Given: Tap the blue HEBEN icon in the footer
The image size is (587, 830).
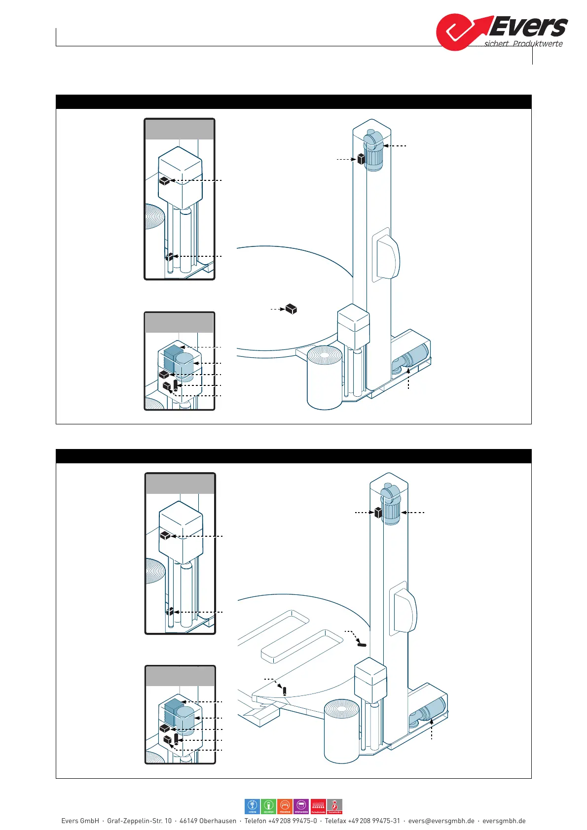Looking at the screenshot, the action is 253,806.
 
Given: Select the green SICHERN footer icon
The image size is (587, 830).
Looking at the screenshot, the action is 269,806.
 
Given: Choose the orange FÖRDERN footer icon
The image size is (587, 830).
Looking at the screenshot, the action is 285,806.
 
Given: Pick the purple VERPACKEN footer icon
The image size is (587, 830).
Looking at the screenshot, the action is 301,806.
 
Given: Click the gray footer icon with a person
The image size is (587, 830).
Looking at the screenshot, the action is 335,806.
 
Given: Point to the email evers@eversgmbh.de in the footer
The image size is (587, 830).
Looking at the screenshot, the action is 441,821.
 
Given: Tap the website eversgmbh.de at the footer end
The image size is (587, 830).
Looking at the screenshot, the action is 504,821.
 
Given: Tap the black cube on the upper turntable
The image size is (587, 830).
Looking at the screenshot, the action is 292,309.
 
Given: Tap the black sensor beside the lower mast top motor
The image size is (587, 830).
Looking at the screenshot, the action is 378,513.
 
